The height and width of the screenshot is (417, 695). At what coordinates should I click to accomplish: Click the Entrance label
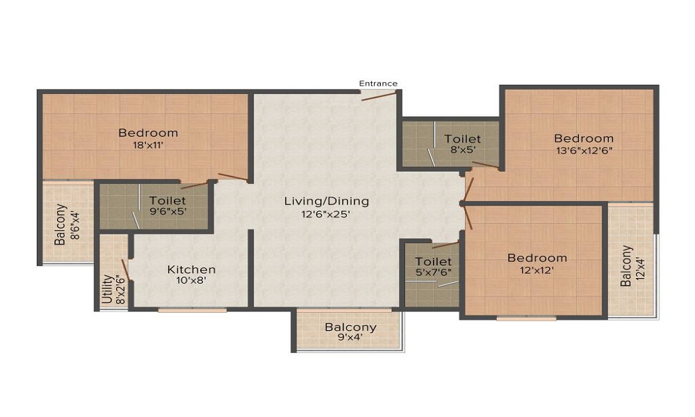[378, 83]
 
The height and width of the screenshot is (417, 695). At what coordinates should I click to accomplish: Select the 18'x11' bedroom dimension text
[147, 146]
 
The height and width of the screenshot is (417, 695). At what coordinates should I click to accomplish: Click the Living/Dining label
[327, 202]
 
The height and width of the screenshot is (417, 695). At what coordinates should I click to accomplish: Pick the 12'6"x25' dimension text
[327, 214]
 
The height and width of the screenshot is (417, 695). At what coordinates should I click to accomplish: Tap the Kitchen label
[191, 269]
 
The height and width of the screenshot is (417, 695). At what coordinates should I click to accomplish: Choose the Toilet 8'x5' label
[462, 145]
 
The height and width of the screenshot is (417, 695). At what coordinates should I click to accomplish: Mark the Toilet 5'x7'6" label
[434, 268]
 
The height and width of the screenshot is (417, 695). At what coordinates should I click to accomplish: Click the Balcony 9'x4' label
[350, 333]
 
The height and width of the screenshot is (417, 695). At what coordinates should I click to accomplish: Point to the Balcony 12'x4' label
[631, 266]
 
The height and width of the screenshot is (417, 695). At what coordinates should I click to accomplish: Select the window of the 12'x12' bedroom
[526, 318]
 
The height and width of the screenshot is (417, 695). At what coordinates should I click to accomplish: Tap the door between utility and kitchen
[126, 269]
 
